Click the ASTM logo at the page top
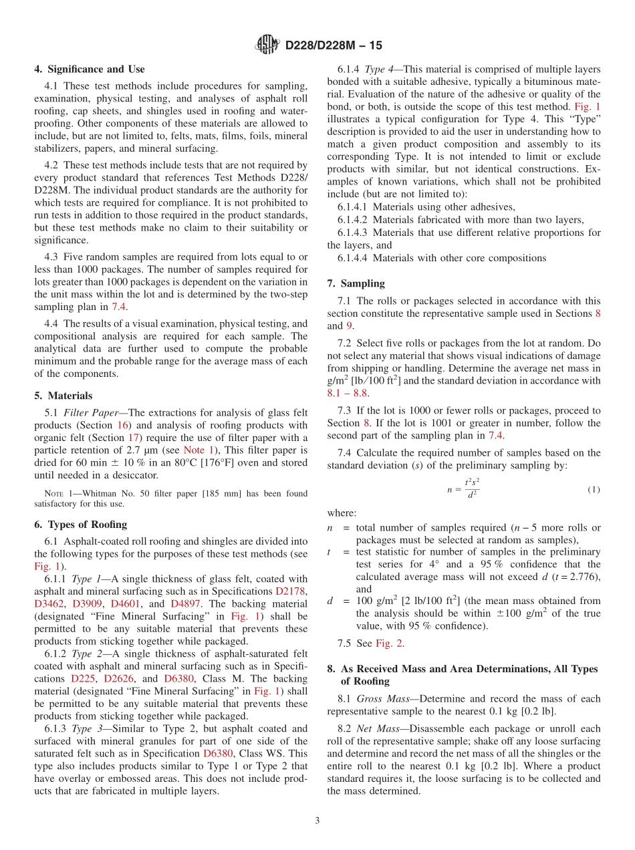point(267,45)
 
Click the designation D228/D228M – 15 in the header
point(334,46)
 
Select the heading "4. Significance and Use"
point(90,69)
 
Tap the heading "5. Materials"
point(63,396)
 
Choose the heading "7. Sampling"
point(356,283)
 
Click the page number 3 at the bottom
point(317,821)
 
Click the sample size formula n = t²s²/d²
point(464,489)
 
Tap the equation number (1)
point(594,489)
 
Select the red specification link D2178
point(291,591)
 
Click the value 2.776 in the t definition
point(585,577)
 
